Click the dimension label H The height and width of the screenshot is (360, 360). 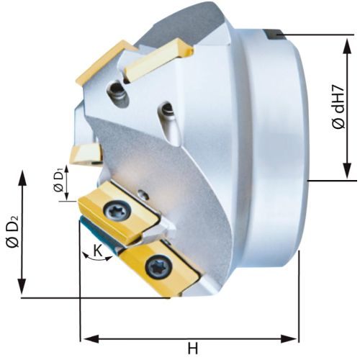193,348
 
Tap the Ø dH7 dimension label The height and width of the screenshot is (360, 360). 339,107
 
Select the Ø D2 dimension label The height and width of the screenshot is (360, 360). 13,231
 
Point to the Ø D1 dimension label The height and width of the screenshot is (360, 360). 59,180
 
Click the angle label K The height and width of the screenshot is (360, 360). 98,251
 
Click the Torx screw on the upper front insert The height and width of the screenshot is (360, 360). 118,211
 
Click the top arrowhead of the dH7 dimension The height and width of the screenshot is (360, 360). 347,47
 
